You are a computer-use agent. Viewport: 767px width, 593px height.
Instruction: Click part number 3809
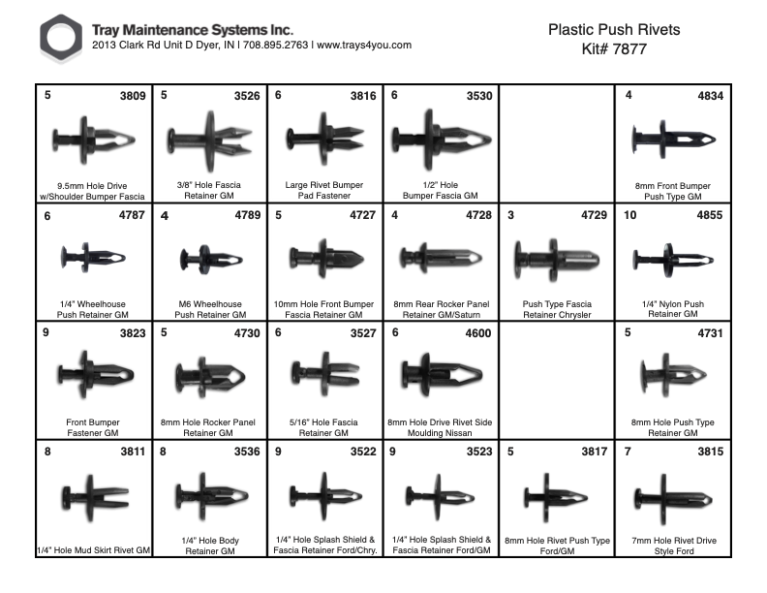129,96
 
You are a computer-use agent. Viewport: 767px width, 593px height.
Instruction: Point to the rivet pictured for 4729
558,260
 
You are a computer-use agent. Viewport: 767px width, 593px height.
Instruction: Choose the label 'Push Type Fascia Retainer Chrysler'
557,310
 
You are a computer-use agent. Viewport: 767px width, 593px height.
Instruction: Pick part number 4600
476,332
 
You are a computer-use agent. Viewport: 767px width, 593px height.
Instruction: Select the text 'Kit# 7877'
614,48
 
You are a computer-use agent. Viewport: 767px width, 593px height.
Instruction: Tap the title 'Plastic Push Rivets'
614,29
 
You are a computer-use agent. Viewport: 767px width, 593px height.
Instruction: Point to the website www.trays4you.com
364,46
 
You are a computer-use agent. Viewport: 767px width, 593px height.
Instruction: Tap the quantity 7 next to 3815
629,451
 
